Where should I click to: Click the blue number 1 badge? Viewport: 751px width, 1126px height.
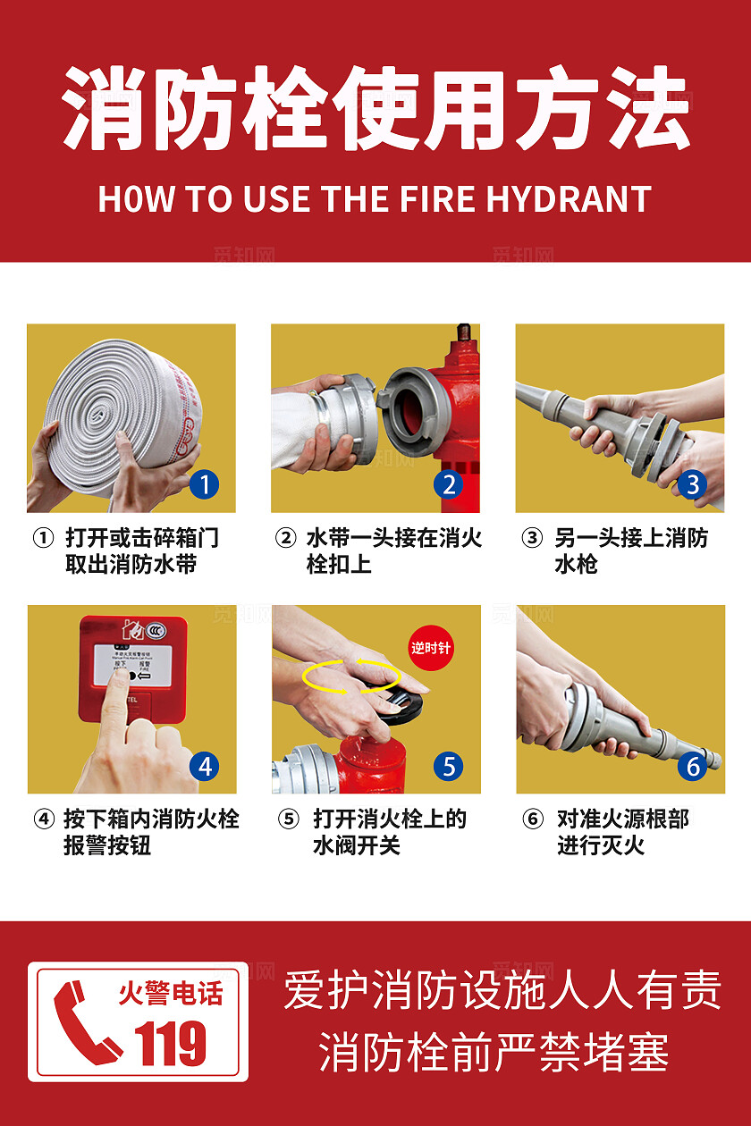coord(205,485)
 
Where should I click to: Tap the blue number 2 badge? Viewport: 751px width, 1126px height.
coord(449,485)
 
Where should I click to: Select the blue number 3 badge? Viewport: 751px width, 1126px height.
coord(692,485)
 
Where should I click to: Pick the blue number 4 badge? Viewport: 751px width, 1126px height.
coord(205,766)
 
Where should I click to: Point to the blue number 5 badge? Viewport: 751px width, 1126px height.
coord(449,766)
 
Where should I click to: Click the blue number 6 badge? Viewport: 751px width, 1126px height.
coord(692,766)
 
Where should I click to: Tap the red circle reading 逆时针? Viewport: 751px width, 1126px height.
coord(431,648)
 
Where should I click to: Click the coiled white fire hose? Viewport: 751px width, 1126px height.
coord(116,407)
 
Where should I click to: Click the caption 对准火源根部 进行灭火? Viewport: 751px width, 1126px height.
coord(622,832)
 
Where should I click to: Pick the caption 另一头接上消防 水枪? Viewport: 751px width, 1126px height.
coord(629,550)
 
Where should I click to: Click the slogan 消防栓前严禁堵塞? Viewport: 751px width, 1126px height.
coord(494,1052)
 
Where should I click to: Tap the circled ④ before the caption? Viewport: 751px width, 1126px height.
coord(44,819)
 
